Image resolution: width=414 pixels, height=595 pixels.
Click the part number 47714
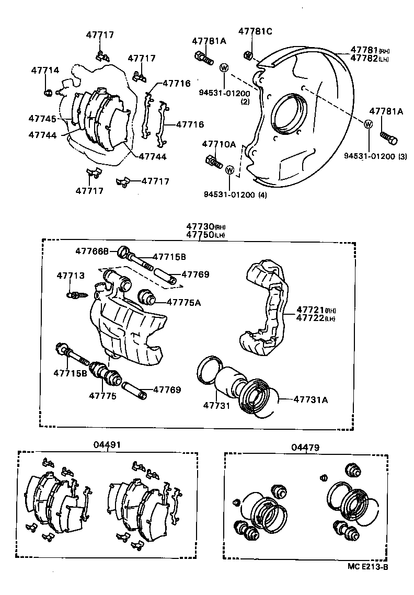45,70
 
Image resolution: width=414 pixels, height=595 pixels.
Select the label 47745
42,119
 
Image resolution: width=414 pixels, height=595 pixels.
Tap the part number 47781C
256,31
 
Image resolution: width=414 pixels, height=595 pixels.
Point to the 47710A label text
219,144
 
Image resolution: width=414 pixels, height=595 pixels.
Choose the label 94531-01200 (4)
235,196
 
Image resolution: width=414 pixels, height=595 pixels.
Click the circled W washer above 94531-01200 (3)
368,124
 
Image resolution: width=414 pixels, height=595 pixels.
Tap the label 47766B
91,251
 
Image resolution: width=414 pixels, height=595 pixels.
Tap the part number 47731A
310,399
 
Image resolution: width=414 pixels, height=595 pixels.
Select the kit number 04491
108,445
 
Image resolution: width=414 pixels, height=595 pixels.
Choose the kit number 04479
306,447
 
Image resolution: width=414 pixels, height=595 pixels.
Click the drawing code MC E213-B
367,566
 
